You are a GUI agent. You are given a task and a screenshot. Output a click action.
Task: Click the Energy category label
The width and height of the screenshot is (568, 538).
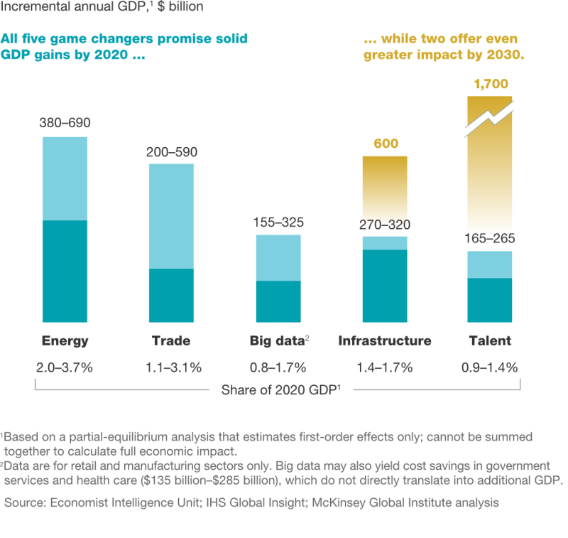65,340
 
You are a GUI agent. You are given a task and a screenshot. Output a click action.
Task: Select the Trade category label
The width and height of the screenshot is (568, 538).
171,340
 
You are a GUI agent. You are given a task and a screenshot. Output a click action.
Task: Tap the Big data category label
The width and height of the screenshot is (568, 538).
279,340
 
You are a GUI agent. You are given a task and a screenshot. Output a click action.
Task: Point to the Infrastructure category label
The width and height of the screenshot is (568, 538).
385,340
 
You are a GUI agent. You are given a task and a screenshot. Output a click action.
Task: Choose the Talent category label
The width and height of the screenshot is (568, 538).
490,340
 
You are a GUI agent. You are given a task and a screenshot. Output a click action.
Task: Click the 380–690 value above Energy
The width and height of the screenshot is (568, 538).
65,124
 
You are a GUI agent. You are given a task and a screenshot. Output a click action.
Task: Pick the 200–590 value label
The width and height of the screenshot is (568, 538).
171,152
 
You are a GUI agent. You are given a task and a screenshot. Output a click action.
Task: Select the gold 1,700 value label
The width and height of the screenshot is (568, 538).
490,84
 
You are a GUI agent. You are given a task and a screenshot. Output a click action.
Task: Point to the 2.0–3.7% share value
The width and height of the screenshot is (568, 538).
65,367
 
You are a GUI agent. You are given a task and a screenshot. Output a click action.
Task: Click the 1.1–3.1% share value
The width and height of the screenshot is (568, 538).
171,367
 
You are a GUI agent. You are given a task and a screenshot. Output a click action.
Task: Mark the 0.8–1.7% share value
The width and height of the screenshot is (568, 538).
279,367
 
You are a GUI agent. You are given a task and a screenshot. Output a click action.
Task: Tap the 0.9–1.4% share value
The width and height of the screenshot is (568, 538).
490,367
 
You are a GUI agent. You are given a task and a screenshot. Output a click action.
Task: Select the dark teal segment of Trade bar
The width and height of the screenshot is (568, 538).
171,295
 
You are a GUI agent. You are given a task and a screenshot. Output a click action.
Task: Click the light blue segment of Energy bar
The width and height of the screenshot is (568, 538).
65,178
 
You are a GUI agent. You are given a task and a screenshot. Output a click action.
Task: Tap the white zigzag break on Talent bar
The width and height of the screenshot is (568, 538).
490,119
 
